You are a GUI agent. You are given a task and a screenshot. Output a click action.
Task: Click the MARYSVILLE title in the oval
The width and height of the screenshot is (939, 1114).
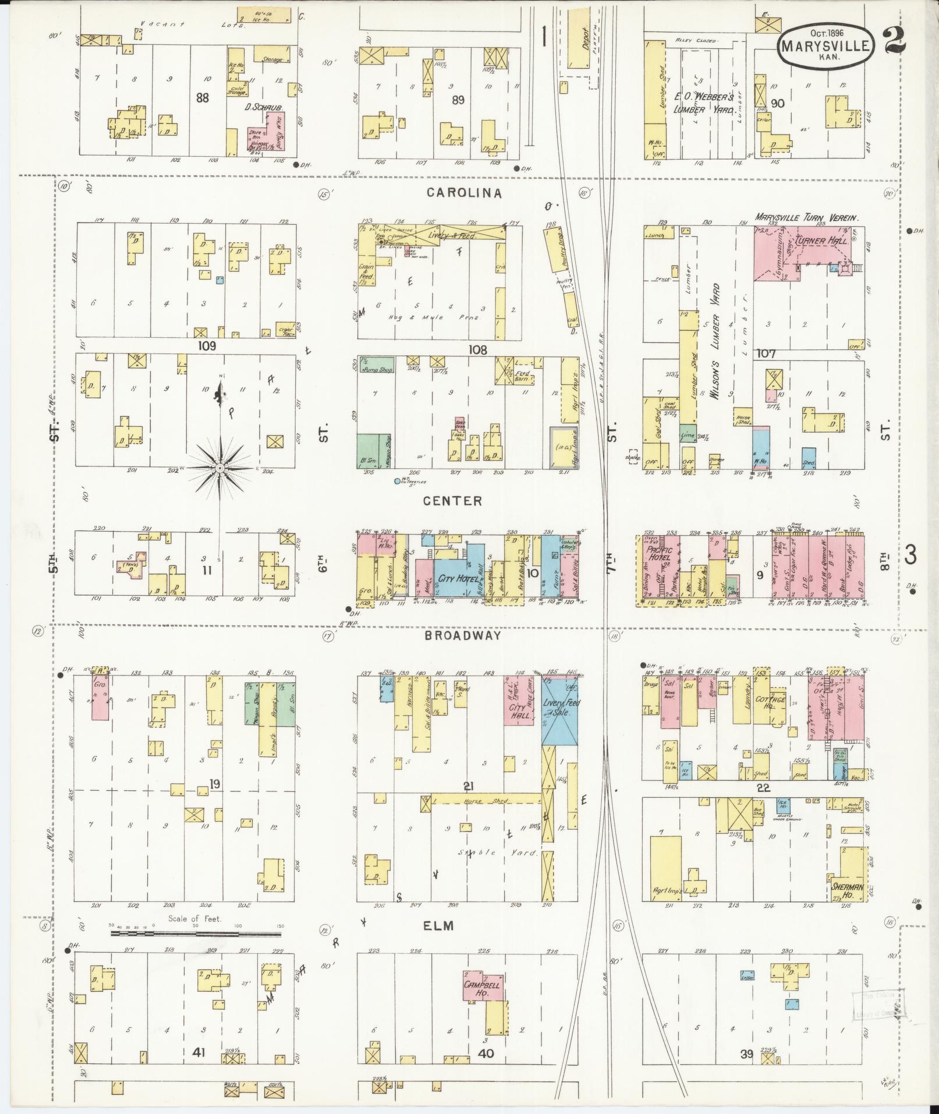tap(825, 45)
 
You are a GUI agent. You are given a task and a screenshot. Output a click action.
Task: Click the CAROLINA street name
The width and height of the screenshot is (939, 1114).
tap(465, 193)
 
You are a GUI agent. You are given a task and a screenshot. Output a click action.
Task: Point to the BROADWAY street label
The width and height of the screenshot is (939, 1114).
tap(463, 635)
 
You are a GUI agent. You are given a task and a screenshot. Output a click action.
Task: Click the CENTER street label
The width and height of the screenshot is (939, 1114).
tap(460, 501)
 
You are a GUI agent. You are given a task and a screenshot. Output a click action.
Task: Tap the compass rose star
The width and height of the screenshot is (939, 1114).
tap(220, 468)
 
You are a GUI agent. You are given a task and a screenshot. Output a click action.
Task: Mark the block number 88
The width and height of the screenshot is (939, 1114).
tap(202, 98)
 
